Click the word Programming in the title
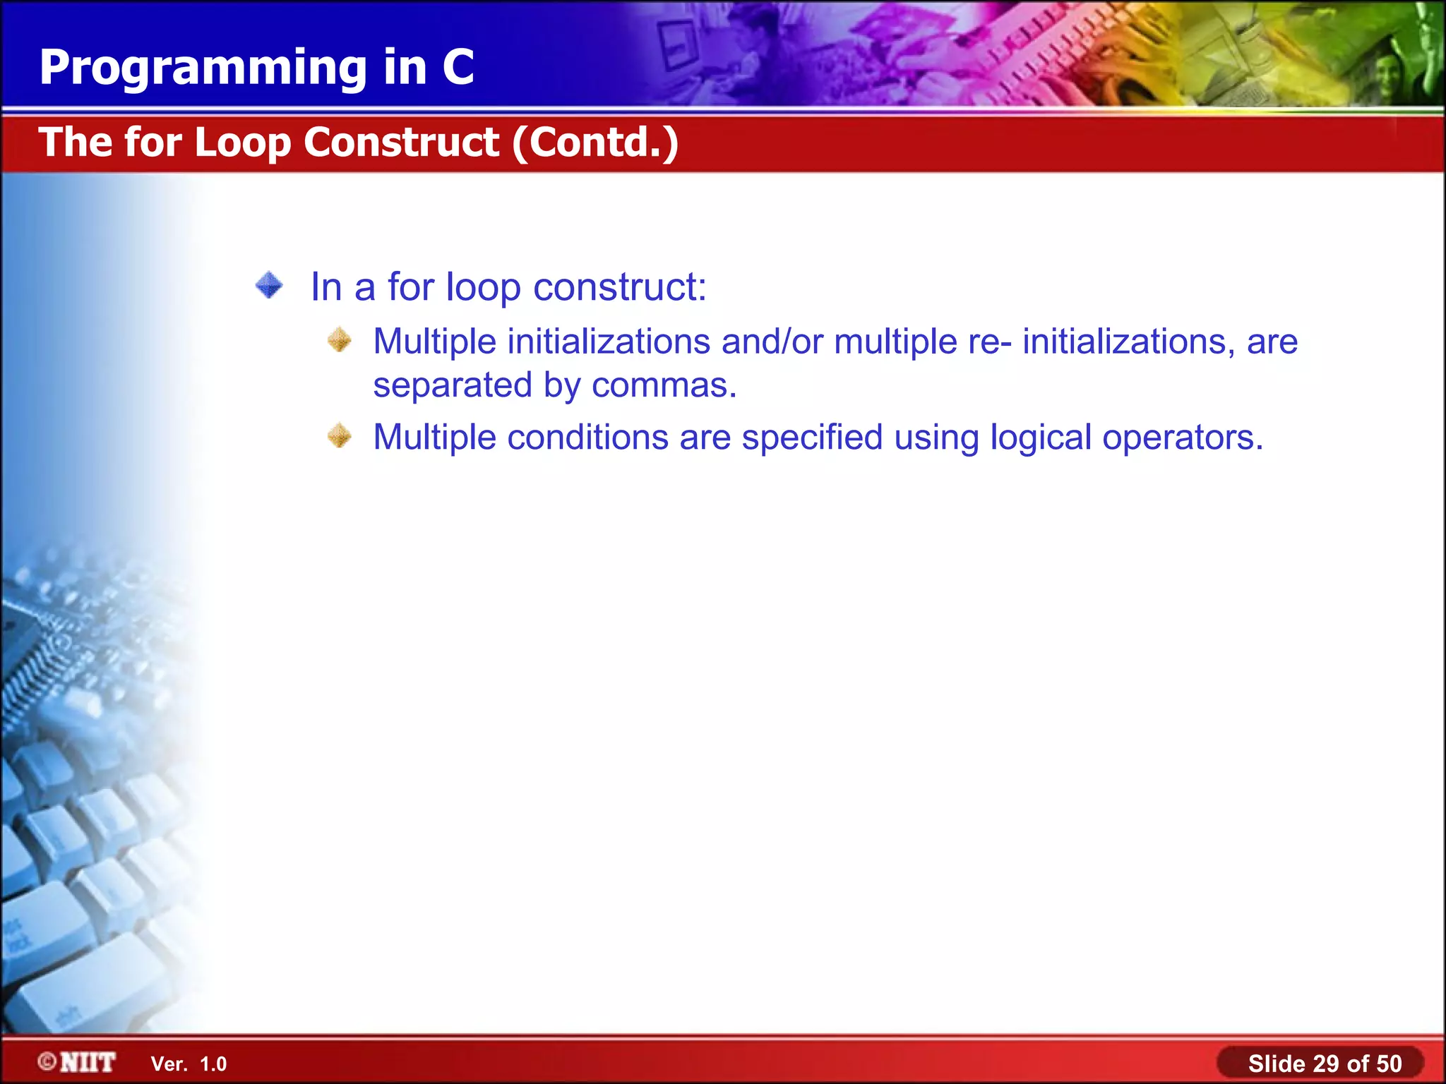(203, 68)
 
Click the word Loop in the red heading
(242, 143)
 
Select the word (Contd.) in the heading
(595, 143)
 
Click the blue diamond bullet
(269, 286)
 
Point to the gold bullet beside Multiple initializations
(340, 340)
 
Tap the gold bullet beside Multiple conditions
(340, 436)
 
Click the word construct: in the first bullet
(619, 287)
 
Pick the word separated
(452, 386)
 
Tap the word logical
(1041, 438)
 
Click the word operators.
(1183, 438)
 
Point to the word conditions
(587, 438)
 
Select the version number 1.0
(213, 1064)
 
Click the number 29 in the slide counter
(1326, 1064)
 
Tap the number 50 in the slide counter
(1389, 1064)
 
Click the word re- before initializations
(989, 342)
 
